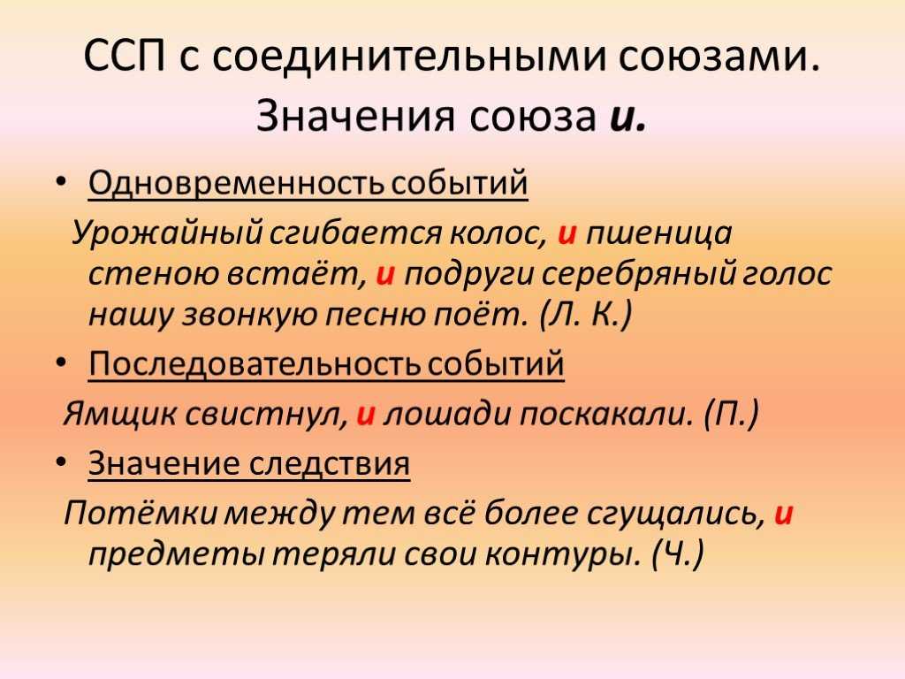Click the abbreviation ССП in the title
(x=125, y=56)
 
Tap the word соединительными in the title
(x=409, y=57)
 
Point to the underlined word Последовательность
(x=255, y=363)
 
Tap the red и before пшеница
(x=567, y=233)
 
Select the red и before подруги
(x=385, y=274)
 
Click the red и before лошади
(x=365, y=415)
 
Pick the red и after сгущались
(x=783, y=514)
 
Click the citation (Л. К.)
(x=586, y=316)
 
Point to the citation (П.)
(x=731, y=415)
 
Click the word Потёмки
(x=141, y=514)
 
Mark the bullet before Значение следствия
(x=61, y=463)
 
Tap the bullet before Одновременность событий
(x=61, y=182)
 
